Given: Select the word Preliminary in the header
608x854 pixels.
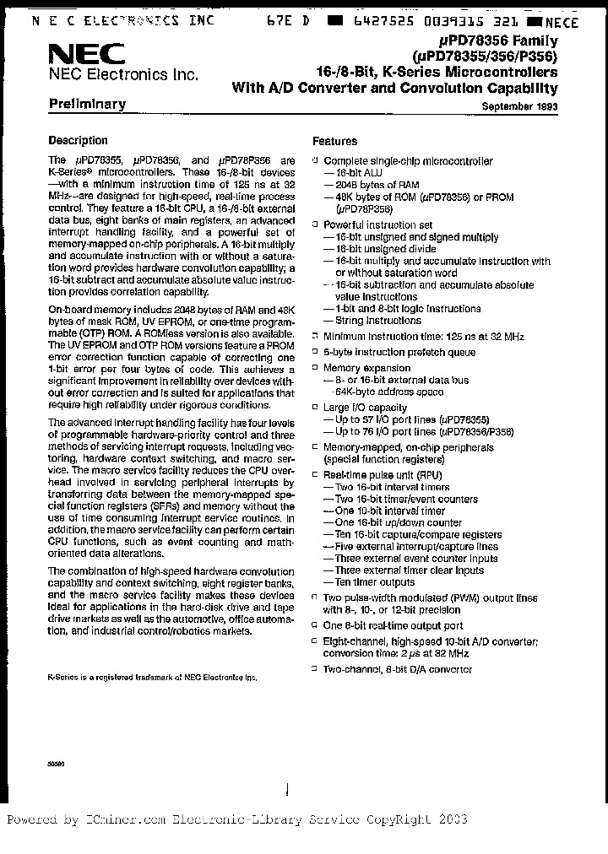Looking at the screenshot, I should click(x=87, y=105).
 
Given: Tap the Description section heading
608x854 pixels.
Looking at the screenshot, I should click(x=78, y=141).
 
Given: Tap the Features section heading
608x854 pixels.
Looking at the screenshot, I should click(x=334, y=142).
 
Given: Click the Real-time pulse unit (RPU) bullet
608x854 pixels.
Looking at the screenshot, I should click(x=383, y=475).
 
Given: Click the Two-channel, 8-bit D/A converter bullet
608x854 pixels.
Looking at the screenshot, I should click(x=398, y=669).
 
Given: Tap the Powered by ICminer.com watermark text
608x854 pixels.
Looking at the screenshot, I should click(x=236, y=819).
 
